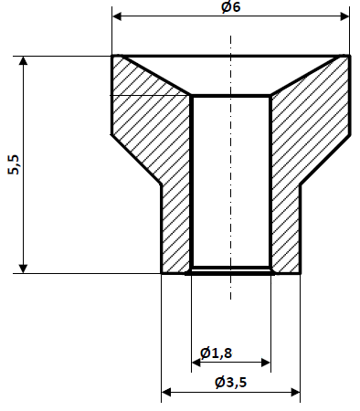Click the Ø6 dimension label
click(x=230, y=7)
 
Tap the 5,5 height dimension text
click(x=13, y=164)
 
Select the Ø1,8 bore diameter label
click(x=216, y=353)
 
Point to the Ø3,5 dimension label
click(x=231, y=384)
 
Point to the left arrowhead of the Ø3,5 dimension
click(x=166, y=394)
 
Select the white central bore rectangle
click(x=230, y=183)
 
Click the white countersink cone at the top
click(x=230, y=73)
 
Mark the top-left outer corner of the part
click(x=112, y=56)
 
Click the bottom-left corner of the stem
click(x=162, y=272)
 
